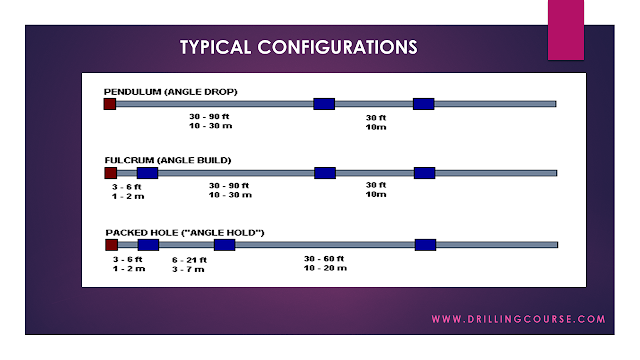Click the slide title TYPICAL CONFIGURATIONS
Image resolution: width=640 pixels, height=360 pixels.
pos(298,48)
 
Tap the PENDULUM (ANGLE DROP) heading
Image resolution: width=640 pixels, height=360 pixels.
pos(170,92)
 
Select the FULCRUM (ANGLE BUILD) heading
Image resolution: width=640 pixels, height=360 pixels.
pos(167,160)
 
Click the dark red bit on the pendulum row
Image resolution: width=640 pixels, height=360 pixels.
pos(110,104)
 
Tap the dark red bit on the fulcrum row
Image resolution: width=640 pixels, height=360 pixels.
pos(110,173)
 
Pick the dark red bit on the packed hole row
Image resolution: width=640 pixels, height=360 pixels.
pos(111,245)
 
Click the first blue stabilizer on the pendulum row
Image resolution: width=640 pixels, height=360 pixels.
pos(323,104)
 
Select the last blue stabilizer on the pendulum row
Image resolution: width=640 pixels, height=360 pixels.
pos(423,104)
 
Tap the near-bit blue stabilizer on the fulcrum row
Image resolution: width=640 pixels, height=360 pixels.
pos(147,173)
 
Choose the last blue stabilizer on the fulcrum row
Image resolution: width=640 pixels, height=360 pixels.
pos(424,173)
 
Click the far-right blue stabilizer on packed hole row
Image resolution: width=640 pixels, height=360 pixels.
pos(425,245)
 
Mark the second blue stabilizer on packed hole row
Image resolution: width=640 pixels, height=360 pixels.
pos(224,245)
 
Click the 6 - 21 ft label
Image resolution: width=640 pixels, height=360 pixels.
pos(188,260)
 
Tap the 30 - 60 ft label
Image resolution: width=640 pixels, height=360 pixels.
pos(325,259)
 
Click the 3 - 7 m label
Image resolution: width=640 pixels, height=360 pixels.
pos(187,269)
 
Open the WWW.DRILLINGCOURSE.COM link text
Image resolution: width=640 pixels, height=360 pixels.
pos(518,320)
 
